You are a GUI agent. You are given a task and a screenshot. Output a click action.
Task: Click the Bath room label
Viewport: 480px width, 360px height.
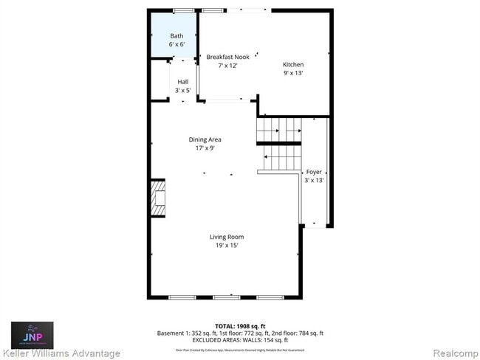pos(176,35)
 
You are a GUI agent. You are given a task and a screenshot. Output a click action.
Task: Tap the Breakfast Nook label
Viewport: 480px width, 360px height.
pos(227,57)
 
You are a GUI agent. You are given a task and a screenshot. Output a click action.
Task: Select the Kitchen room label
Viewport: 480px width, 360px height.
pos(293,64)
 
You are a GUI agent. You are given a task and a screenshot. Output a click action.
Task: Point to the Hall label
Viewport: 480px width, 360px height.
pos(182,81)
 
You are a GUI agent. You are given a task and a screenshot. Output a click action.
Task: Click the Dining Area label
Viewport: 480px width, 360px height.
pos(205,139)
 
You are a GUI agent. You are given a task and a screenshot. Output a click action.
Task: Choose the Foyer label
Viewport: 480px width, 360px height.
pos(315,171)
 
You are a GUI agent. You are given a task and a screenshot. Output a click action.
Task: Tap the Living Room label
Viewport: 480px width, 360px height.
pos(227,237)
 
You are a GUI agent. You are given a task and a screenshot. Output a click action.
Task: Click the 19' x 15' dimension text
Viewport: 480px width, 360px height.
pos(227,246)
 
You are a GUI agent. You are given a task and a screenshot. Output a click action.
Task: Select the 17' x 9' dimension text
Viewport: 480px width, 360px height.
pos(205,148)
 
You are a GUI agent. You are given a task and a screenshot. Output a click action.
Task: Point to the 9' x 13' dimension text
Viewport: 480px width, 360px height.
pos(293,73)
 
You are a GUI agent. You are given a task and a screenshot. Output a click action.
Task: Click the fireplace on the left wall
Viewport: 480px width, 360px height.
pos(157,198)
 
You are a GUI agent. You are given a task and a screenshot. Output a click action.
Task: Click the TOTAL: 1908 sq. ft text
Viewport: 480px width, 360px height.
pos(240,325)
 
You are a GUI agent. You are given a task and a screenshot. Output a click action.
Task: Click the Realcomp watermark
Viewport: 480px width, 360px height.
pos(453,353)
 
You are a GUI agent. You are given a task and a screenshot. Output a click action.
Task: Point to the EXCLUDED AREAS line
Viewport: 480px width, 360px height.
pos(240,340)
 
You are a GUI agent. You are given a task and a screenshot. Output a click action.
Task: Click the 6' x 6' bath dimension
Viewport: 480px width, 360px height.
pos(176,44)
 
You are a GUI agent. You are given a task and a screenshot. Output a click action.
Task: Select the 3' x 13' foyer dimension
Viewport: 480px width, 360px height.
pos(315,180)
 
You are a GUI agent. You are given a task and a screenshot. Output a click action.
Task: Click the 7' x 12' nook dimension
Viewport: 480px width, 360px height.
pos(227,66)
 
